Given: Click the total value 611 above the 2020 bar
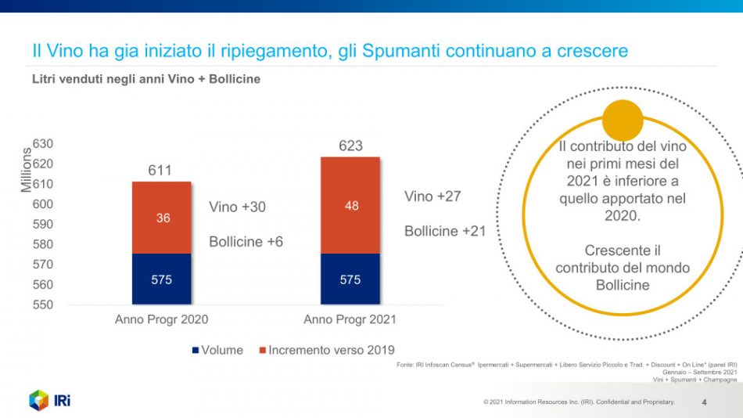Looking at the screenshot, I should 160,171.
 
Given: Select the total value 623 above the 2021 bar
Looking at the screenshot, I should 350,146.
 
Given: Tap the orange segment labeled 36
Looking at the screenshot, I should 162,218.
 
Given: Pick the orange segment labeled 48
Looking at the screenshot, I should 350,205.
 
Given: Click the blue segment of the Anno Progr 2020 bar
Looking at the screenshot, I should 162,279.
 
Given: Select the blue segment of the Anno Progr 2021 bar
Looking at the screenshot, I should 350,279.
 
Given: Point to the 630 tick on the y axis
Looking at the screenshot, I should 42,144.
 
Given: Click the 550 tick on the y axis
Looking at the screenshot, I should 42,304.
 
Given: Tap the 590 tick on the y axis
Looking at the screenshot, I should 42,224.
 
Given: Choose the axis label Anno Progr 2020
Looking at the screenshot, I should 162,319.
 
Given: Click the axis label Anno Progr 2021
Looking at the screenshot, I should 350,319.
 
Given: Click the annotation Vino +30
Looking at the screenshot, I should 237,207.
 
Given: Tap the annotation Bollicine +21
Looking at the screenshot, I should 444,232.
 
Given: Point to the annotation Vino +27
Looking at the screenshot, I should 433,196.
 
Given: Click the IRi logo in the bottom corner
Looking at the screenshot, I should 50,400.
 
